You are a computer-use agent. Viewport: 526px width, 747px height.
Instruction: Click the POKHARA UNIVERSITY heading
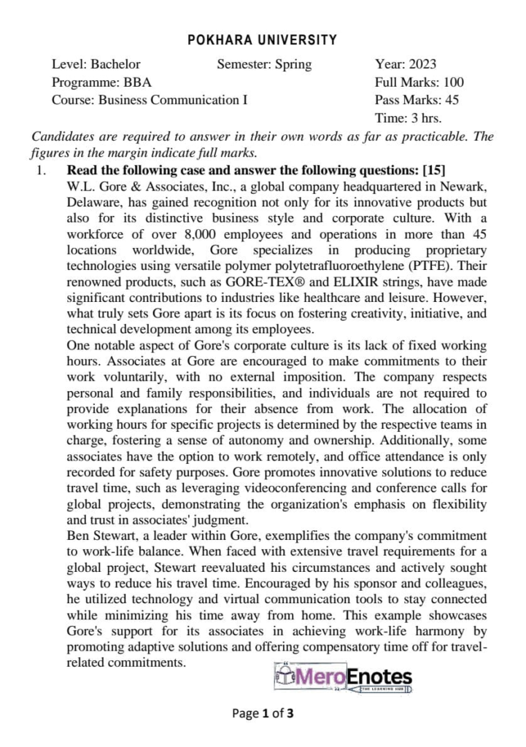coord(263,40)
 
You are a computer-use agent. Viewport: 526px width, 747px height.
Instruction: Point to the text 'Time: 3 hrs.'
coord(408,117)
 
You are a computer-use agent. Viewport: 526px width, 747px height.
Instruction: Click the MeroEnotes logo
coord(342,678)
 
